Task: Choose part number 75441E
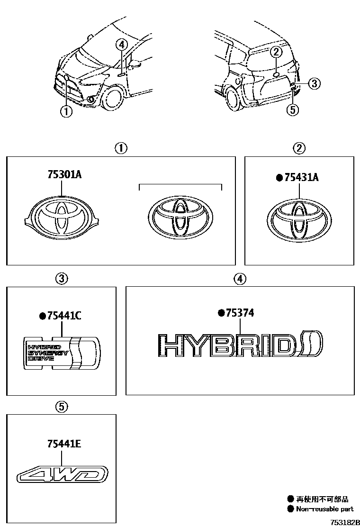point(64,444)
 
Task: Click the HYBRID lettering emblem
point(240,345)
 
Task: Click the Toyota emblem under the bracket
point(181,216)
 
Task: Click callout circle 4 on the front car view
point(122,45)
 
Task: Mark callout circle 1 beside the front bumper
point(65,112)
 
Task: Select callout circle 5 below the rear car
point(293,110)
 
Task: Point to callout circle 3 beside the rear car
point(314,84)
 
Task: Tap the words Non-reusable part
point(324,509)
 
